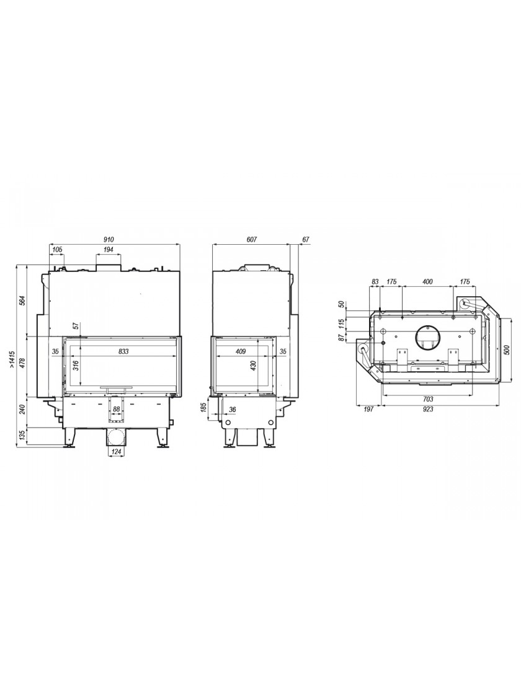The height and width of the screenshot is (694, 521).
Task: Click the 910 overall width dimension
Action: point(109,239)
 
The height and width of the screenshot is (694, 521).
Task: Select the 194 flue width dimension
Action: point(109,250)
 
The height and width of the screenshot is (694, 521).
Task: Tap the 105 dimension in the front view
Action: point(57,250)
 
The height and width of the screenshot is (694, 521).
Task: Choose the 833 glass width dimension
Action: point(123,351)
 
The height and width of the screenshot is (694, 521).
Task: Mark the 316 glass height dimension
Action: point(76,365)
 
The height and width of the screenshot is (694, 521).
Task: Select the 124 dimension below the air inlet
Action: point(116,452)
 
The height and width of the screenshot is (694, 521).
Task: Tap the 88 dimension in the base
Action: point(117,410)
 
